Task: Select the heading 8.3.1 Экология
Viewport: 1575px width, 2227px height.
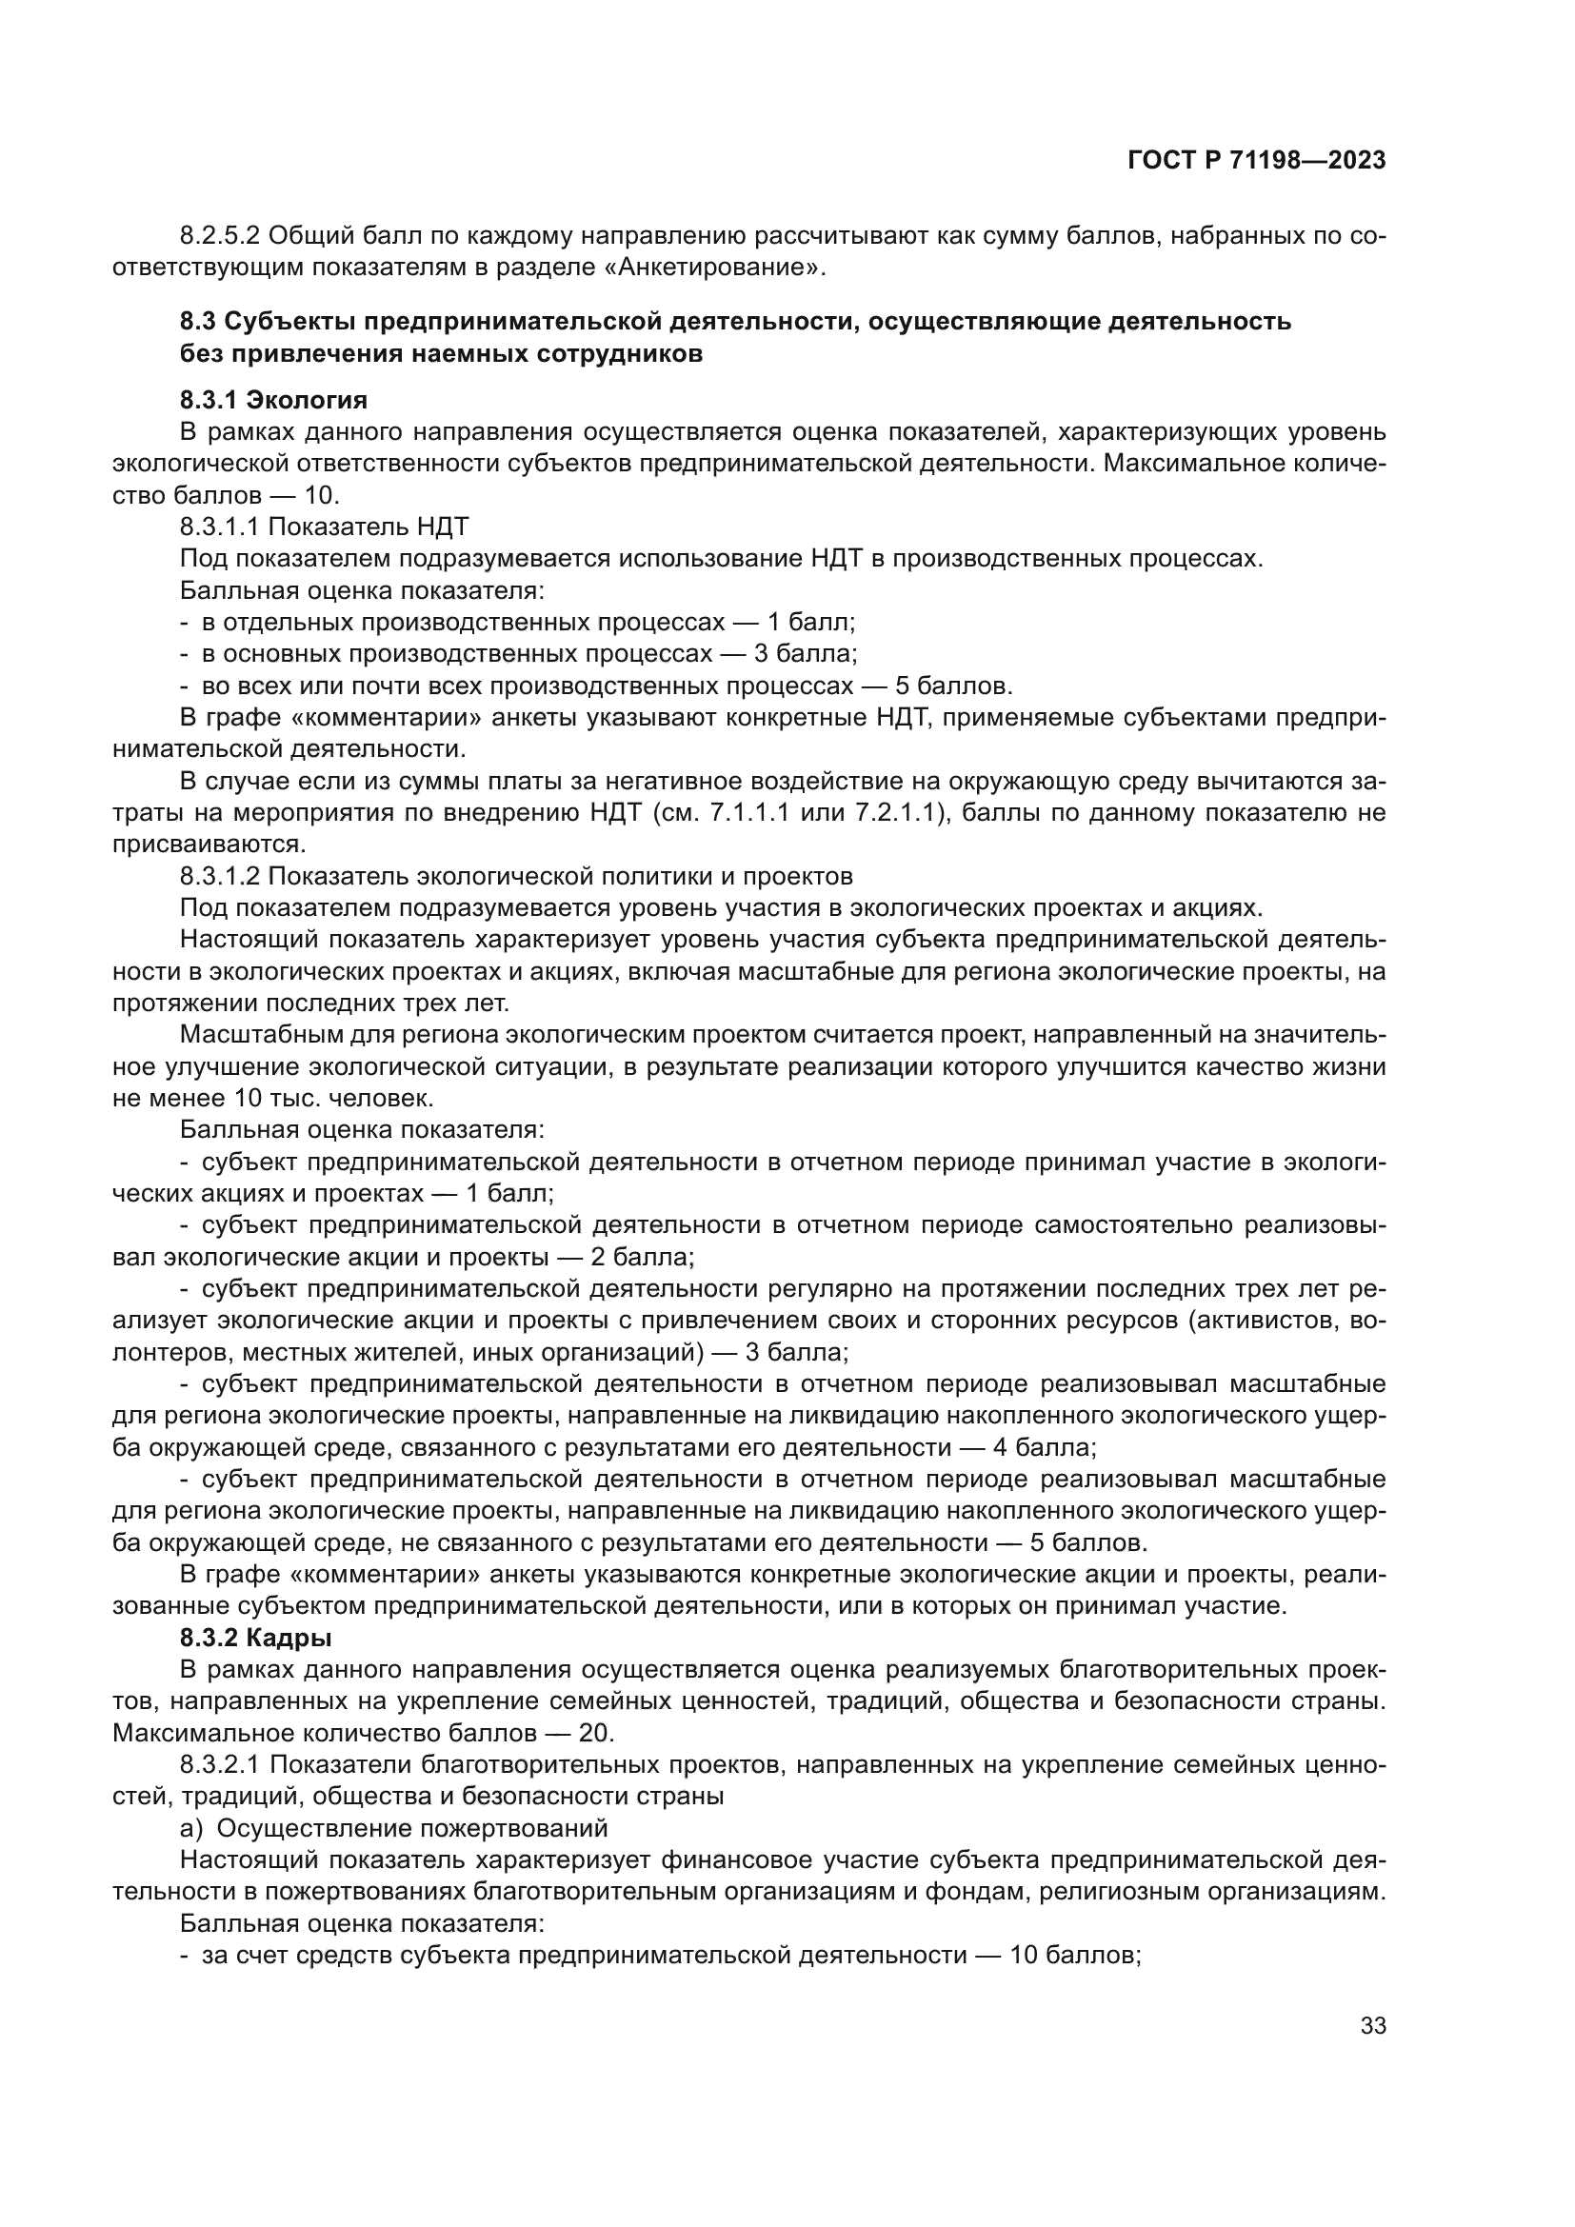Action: (x=273, y=400)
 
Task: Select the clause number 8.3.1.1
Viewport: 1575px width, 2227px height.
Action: (x=219, y=527)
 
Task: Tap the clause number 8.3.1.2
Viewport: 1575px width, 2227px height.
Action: (x=219, y=876)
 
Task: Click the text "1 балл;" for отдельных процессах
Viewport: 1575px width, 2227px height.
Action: (x=810, y=622)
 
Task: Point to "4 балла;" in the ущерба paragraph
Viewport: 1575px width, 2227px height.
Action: (x=1045, y=1448)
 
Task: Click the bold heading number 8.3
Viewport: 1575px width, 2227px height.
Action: (x=198, y=321)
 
